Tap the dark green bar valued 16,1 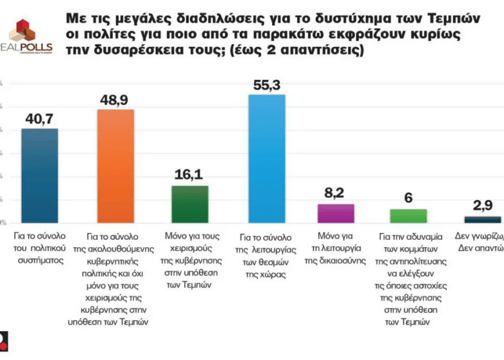pos(190,204)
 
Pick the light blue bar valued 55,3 pos(267,158)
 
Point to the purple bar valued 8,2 pos(336,213)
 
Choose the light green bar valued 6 pos(409,215)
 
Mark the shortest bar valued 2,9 pos(482,219)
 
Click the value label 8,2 pos(336,193)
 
